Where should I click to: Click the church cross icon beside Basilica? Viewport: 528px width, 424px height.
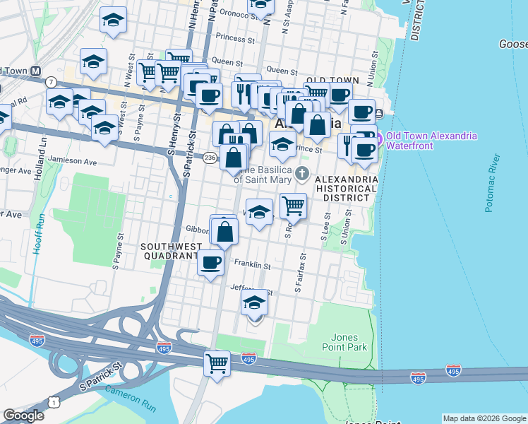point(303,174)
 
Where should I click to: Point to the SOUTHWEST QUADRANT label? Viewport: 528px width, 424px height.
point(167,252)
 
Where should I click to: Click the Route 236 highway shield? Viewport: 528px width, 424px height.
point(210,159)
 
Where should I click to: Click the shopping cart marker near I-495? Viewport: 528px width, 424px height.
point(217,363)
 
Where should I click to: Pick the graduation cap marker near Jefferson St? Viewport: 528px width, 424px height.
point(255,302)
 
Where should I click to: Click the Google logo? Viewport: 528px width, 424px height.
point(23,416)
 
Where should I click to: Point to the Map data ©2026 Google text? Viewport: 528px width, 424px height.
point(484,418)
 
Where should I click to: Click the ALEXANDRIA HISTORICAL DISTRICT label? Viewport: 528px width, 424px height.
point(347,189)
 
